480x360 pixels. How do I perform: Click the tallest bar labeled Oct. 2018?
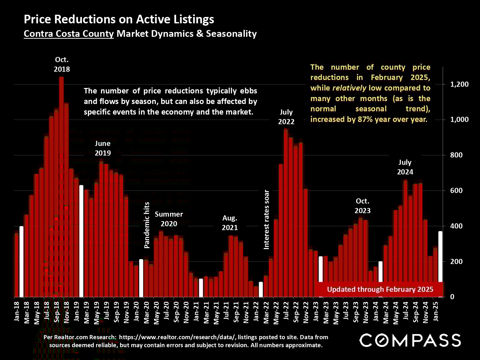[x=61, y=186]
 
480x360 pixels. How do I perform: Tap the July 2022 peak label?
[x=286, y=117]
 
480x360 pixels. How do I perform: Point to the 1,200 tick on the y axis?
[x=459, y=84]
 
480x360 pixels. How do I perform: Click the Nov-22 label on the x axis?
[x=306, y=312]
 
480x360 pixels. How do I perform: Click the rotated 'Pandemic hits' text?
[x=147, y=225]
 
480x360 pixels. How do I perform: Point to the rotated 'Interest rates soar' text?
[x=266, y=220]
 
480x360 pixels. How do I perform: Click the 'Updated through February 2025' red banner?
[x=380, y=289]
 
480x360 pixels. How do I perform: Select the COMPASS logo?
[x=410, y=340]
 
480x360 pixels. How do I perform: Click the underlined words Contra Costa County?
[x=69, y=34]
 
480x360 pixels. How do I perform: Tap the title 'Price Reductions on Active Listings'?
[x=119, y=19]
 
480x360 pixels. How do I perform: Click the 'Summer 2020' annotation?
[x=169, y=219]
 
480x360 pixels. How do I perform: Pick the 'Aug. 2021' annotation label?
[x=230, y=223]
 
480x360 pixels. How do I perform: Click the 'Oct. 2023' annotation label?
[x=362, y=206]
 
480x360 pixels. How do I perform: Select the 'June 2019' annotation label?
[x=103, y=148]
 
